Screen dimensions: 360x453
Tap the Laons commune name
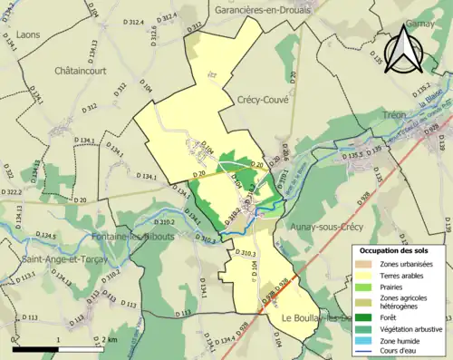click(30, 35)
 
